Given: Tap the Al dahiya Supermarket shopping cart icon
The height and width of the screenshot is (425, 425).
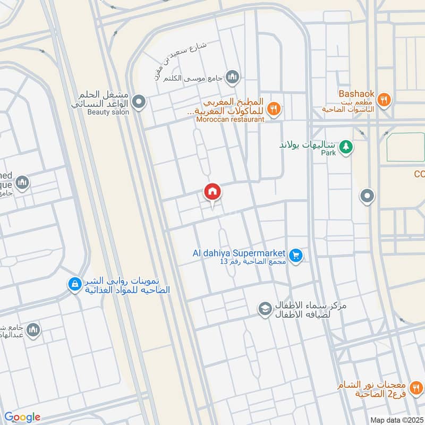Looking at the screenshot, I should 296,256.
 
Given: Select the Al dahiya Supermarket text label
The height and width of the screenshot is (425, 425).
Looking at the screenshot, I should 240,253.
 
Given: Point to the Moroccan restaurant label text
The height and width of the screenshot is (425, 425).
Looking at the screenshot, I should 229,120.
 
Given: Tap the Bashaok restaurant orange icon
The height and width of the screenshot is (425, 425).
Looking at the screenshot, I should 385,98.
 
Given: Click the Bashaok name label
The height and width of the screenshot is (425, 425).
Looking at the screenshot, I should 356,94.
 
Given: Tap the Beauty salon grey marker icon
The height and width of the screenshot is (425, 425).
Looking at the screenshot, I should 139,101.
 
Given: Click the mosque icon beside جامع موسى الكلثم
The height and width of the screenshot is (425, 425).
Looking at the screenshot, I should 232,78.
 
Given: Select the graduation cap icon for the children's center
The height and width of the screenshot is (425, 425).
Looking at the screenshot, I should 265,308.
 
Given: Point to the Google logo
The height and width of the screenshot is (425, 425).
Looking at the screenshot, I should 22,417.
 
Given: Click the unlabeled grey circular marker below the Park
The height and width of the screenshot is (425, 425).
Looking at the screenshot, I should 367,197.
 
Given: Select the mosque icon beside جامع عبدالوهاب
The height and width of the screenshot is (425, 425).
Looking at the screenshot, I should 33,330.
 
